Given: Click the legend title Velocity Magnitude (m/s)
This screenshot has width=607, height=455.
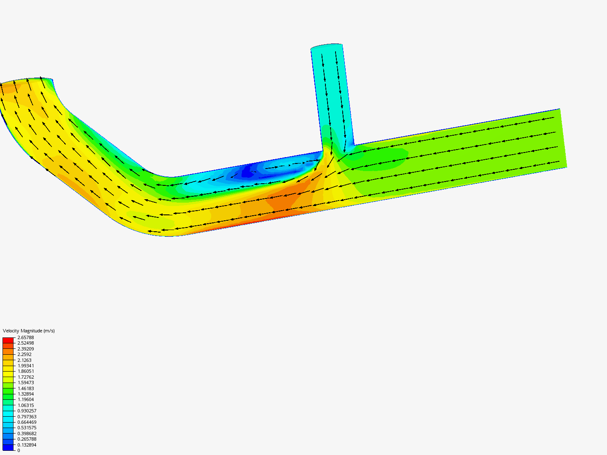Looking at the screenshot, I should [x=29, y=331].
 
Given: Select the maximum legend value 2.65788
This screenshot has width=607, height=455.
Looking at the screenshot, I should [x=25, y=337].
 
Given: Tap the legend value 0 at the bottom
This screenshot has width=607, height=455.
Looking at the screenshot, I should [x=19, y=450].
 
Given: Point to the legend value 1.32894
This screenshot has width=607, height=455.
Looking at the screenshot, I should [x=25, y=394].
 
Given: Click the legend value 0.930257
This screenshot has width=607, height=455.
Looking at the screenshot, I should [x=27, y=411].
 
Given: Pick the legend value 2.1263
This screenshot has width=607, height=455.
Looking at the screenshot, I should [x=24, y=360].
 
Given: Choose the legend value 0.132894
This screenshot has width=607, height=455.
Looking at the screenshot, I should [x=27, y=445].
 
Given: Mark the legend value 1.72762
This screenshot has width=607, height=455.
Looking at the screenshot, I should [x=25, y=377].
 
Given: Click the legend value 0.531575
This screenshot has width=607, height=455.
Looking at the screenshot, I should [x=27, y=428].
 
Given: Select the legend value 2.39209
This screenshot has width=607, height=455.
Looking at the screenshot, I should [x=25, y=349].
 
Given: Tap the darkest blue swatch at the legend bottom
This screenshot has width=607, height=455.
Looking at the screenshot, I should [x=8, y=447].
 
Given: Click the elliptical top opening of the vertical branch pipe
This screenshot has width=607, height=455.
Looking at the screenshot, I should [x=326, y=46].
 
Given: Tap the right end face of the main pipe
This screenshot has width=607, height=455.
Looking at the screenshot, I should [x=563, y=138].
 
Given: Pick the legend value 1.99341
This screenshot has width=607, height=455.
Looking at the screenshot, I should [x=25, y=366].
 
